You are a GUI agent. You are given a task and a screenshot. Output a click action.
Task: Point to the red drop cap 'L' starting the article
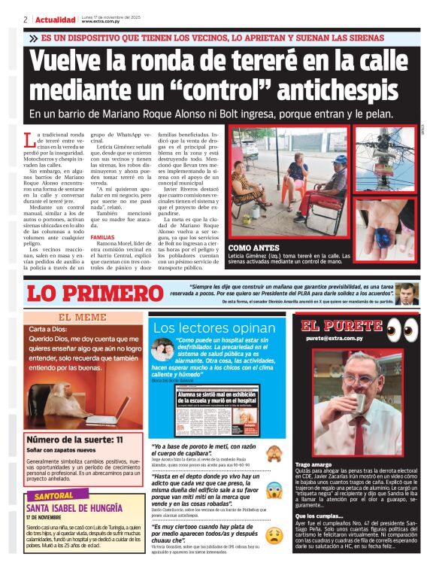[x=29, y=140]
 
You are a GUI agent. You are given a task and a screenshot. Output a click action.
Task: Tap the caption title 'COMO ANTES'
[x=255, y=247]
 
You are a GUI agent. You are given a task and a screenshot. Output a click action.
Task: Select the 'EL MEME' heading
[x=82, y=318]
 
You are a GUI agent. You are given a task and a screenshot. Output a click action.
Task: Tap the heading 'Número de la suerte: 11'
[x=74, y=440]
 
